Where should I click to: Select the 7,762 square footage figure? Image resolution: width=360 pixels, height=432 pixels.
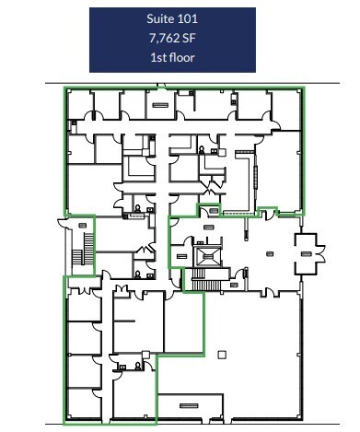click(164, 39)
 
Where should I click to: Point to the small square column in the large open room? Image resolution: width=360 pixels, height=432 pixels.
click(221, 354)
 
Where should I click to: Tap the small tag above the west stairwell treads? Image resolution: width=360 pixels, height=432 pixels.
click(83, 223)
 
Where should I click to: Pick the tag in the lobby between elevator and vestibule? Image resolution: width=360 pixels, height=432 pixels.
click(270, 252)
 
